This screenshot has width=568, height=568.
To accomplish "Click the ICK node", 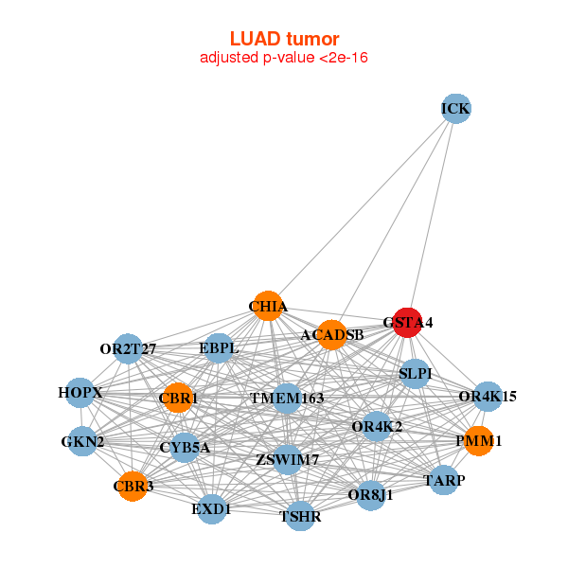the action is [x=455, y=109].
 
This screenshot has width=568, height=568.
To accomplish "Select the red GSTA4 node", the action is [x=407, y=322].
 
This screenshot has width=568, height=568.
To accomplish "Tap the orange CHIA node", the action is [x=268, y=306].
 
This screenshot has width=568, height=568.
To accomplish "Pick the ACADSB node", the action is [x=331, y=334].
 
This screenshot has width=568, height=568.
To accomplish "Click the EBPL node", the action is [x=219, y=348].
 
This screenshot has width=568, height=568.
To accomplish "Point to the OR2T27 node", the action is [x=128, y=349].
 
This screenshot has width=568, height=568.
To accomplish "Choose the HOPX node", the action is [x=80, y=392].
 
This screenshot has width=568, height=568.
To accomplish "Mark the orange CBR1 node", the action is [x=177, y=399].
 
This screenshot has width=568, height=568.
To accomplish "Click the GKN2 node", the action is [x=82, y=441].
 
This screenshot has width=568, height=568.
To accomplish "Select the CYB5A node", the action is [x=185, y=447].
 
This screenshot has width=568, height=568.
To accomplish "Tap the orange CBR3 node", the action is [x=133, y=487].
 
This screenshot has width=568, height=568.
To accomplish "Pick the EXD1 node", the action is [x=211, y=509].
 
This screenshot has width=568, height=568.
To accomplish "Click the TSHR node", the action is [x=300, y=516].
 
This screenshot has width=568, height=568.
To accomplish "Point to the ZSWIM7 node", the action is [x=287, y=460].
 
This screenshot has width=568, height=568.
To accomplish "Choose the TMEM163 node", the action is [x=287, y=399].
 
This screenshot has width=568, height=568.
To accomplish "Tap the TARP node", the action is [x=444, y=481].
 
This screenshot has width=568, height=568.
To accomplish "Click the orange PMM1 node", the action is [x=478, y=440].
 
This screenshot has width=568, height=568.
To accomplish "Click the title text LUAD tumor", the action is [x=284, y=39].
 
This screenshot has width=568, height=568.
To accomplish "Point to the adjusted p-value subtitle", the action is [x=284, y=58].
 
